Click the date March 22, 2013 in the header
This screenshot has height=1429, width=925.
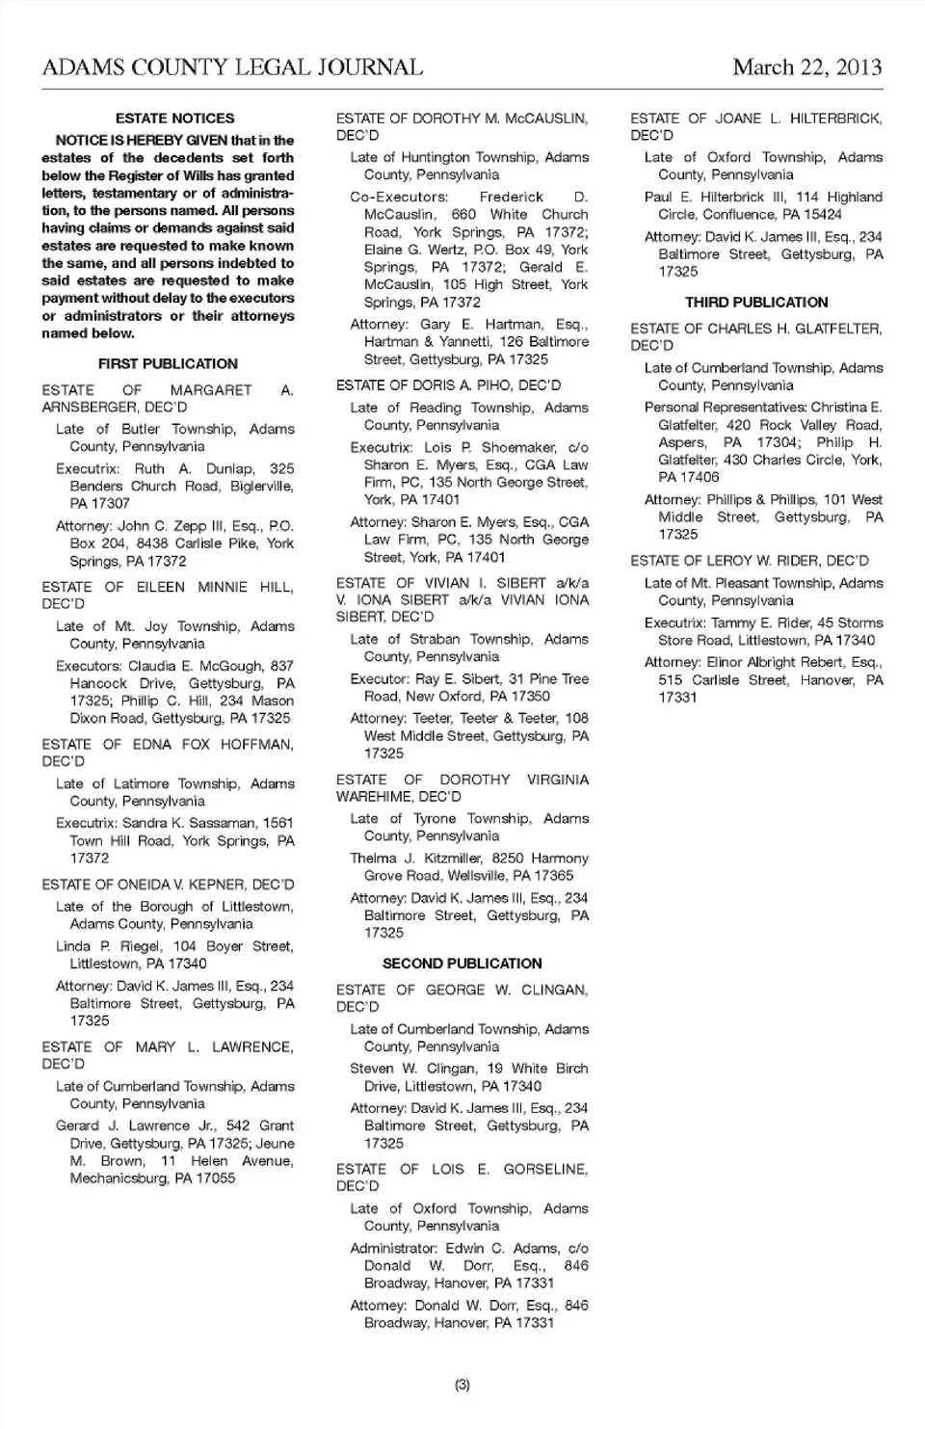click(x=806, y=67)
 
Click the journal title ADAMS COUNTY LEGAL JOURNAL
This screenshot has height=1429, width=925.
click(x=232, y=67)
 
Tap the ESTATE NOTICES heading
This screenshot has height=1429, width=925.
click(x=174, y=119)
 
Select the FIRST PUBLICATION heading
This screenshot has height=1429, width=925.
click(x=168, y=363)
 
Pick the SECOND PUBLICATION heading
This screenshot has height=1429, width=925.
click(x=462, y=963)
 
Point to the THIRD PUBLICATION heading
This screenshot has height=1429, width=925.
click(x=756, y=302)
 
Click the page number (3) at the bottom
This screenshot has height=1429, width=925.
click(x=462, y=1385)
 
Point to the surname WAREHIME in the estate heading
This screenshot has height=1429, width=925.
click(x=376, y=797)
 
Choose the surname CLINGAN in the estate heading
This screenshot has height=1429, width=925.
click(x=554, y=990)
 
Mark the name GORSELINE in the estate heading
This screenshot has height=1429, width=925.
click(x=545, y=1169)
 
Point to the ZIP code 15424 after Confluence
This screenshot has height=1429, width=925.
click(x=821, y=214)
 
